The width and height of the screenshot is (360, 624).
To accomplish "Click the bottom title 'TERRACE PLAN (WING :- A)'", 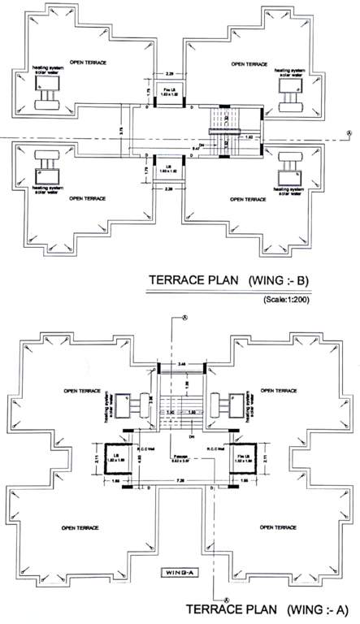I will (273, 609).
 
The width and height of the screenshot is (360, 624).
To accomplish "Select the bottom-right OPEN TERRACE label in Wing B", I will (249, 197).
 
